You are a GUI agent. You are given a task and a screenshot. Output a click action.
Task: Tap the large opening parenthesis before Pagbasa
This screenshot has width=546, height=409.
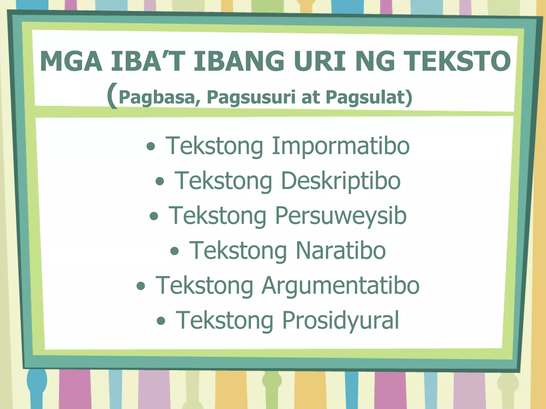point(112,95)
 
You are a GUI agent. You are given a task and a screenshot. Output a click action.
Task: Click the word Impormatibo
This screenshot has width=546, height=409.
point(340,146)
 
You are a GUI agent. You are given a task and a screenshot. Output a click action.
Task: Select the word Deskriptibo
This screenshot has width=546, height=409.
point(340,181)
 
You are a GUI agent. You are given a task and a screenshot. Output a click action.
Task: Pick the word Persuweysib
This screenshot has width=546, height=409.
point(341,216)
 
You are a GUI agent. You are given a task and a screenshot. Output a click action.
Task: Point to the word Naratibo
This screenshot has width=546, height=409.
point(340,251)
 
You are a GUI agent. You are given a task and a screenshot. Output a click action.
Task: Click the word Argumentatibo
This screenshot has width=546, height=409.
point(340,285)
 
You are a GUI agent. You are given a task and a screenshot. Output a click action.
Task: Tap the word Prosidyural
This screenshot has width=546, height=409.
point(340,320)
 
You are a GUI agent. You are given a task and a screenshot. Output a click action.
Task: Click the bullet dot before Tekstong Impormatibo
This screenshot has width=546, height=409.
point(151,146)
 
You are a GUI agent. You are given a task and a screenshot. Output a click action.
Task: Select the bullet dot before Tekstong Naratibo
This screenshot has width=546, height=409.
point(174,251)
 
